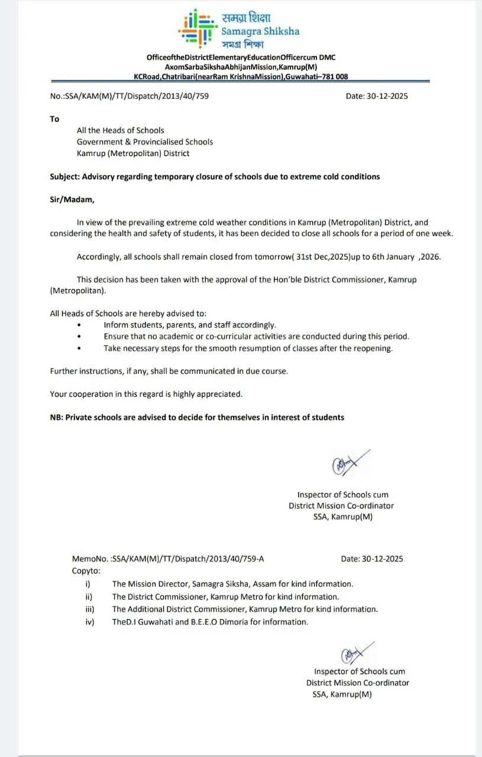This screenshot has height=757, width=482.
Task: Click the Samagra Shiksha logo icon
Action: coord(196,28)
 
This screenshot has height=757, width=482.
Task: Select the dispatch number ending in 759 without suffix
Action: coord(129,96)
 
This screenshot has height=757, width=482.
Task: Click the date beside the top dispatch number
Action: coord(377,96)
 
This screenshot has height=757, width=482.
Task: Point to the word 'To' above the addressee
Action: coord(54,119)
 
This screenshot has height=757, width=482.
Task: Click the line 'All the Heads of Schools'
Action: coord(121,130)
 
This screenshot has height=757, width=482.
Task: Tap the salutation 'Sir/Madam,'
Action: coord(72,199)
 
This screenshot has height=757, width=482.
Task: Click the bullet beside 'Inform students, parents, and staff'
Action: coord(79,325)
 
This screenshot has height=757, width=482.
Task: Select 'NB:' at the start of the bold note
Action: coord(56,417)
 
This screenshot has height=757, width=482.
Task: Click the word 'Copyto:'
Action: coord(86,571)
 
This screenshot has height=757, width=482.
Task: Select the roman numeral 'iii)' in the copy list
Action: coord(90,609)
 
